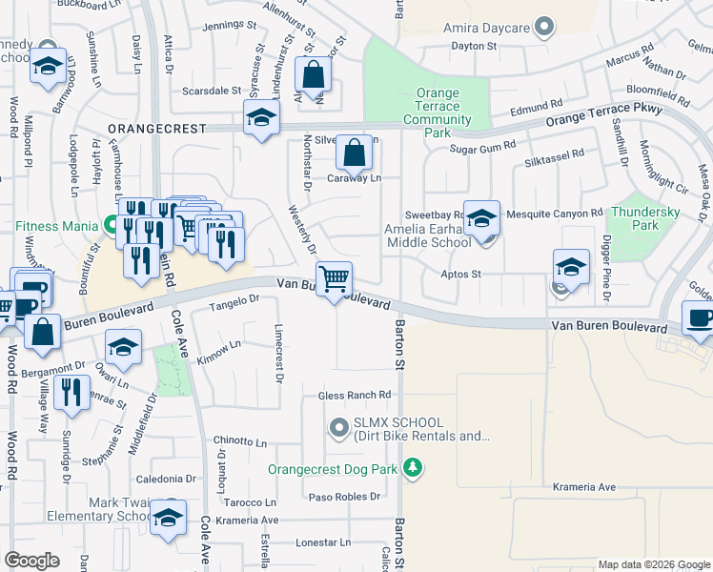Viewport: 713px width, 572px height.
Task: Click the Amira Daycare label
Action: [x=486, y=28]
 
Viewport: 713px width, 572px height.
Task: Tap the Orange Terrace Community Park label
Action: [x=438, y=113]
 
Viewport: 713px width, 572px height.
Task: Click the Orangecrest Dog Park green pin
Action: [x=412, y=468]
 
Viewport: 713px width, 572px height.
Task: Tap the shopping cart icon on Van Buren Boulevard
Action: [x=335, y=279]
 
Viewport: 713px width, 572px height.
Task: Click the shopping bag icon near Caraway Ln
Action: [x=354, y=152]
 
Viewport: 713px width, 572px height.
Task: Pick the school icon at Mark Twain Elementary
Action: [x=169, y=517]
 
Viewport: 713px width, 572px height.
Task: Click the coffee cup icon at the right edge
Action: [x=700, y=318]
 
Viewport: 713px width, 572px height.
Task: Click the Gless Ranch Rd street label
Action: [x=356, y=395]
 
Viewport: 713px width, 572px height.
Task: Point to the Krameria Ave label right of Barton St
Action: [x=584, y=487]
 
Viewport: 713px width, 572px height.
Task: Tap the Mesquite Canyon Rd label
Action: [x=555, y=214]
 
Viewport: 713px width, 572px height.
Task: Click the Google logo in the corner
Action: [x=32, y=561]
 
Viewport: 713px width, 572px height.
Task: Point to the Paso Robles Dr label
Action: [x=344, y=497]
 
